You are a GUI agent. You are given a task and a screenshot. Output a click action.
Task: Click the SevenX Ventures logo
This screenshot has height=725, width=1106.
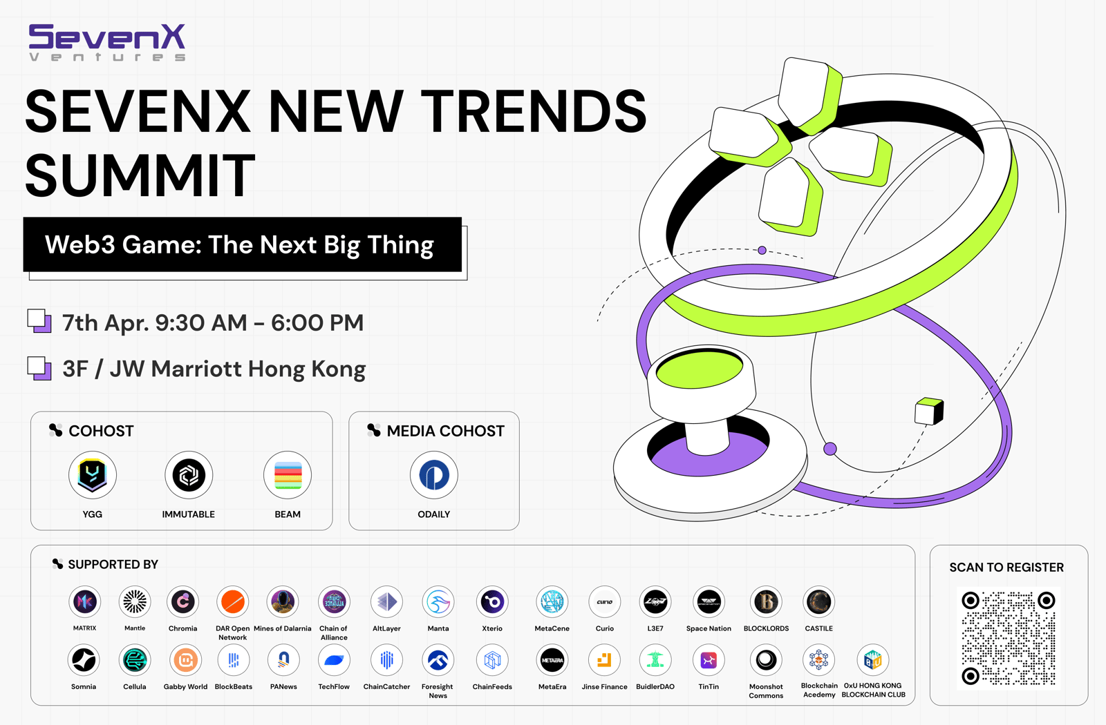pyautogui.click(x=107, y=42)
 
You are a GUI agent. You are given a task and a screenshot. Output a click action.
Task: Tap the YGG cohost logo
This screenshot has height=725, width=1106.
pyautogui.click(x=93, y=475)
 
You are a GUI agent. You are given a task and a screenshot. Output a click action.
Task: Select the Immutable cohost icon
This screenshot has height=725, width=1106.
pyautogui.click(x=189, y=475)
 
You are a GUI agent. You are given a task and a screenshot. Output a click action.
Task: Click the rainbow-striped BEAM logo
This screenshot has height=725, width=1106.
pyautogui.click(x=288, y=475)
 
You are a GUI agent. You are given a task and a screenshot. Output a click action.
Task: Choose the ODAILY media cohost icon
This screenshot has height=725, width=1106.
pyautogui.click(x=434, y=475)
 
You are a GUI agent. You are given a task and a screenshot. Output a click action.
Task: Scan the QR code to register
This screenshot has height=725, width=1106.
pyautogui.click(x=1009, y=638)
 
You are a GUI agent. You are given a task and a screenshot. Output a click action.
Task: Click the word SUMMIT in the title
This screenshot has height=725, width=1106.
pyautogui.click(x=140, y=175)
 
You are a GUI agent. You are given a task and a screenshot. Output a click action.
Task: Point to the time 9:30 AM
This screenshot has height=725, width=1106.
pyautogui.click(x=201, y=323)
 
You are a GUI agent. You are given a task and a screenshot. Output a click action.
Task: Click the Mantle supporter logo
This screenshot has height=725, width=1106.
pyautogui.click(x=135, y=601)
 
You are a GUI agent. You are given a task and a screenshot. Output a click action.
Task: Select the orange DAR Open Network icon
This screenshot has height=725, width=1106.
pyautogui.click(x=232, y=601)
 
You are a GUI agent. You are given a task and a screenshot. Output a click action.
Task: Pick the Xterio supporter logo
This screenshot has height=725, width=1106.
pyautogui.click(x=492, y=601)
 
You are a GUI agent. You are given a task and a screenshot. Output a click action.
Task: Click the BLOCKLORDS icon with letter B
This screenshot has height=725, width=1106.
pyautogui.click(x=767, y=601)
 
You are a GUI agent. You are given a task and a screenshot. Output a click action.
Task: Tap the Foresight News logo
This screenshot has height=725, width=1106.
pyautogui.click(x=438, y=660)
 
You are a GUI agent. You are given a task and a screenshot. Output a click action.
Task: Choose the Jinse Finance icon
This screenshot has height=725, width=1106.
pyautogui.click(x=604, y=660)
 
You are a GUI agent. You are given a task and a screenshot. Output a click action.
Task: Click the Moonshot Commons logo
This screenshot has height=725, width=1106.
pyautogui.click(x=767, y=660)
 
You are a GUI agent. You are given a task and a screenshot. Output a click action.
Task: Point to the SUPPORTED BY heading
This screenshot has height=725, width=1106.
pyautogui.click(x=113, y=564)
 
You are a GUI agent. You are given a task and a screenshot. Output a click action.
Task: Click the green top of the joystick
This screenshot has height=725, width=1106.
pyautogui.click(x=699, y=369)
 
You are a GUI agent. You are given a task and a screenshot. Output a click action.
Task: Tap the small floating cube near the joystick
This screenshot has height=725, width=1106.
pyautogui.click(x=929, y=412)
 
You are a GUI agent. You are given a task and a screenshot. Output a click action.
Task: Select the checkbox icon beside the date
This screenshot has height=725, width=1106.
pyautogui.click(x=39, y=321)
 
